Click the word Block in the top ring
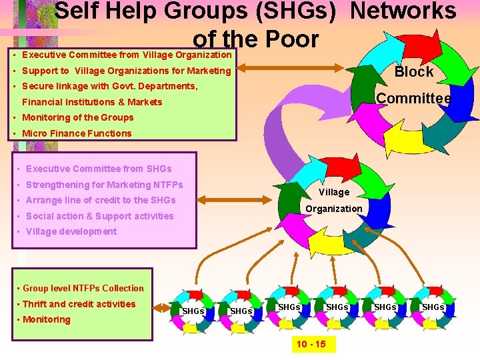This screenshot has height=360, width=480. pyautogui.click(x=414, y=72)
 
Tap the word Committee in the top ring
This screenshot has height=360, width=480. pyautogui.click(x=413, y=99)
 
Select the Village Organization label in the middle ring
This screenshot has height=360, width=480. pyautogui.click(x=333, y=200)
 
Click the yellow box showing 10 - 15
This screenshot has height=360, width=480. pyautogui.click(x=311, y=344)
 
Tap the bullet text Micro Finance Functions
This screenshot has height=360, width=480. pyautogui.click(x=77, y=133)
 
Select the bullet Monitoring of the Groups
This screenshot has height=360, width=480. pyautogui.click(x=77, y=117)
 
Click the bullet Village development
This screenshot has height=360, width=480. pyautogui.click(x=71, y=231)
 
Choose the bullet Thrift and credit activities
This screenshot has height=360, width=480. pyautogui.click(x=79, y=304)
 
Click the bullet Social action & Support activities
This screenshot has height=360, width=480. pyautogui.click(x=99, y=216)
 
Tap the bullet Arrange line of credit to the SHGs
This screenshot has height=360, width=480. pyautogui.click(x=100, y=200)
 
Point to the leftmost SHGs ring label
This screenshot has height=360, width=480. pyautogui.click(x=193, y=311)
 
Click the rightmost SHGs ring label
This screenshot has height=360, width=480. pyautogui.click(x=433, y=307)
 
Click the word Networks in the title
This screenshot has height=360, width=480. pyautogui.click(x=403, y=11)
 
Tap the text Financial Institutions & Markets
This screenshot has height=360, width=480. pyautogui.click(x=92, y=102)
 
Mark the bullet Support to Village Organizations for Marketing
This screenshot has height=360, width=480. pyautogui.click(x=126, y=71)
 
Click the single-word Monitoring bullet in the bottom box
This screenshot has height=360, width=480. pyautogui.click(x=46, y=319)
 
